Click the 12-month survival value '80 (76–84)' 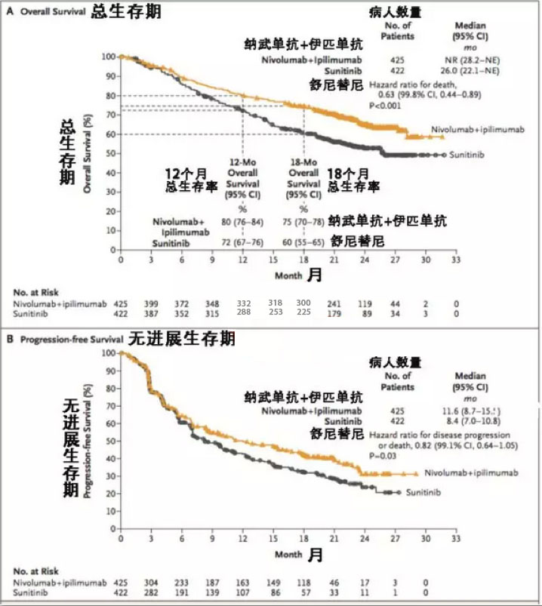tap(242, 221)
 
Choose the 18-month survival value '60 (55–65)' tap(303, 245)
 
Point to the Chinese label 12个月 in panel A tap(189, 173)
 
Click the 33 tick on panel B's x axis tap(456, 541)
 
